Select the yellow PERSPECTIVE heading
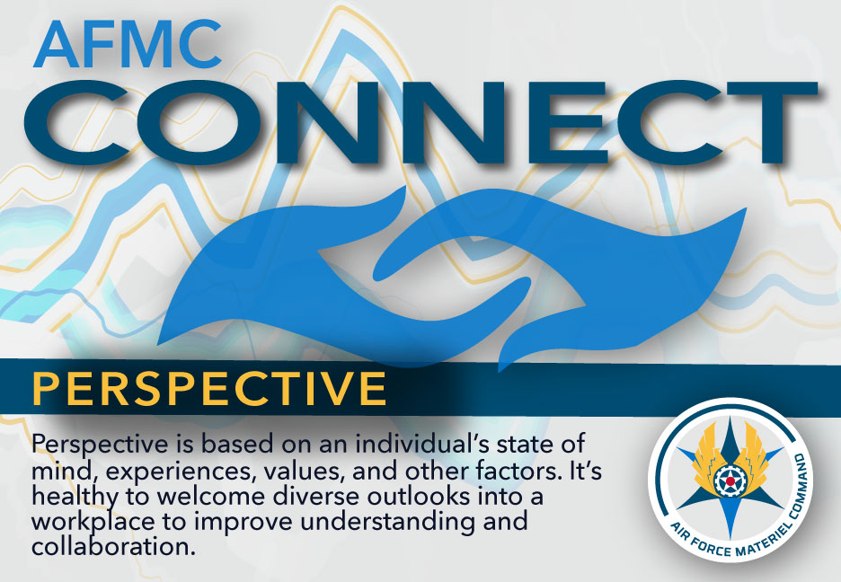pos(209,388)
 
